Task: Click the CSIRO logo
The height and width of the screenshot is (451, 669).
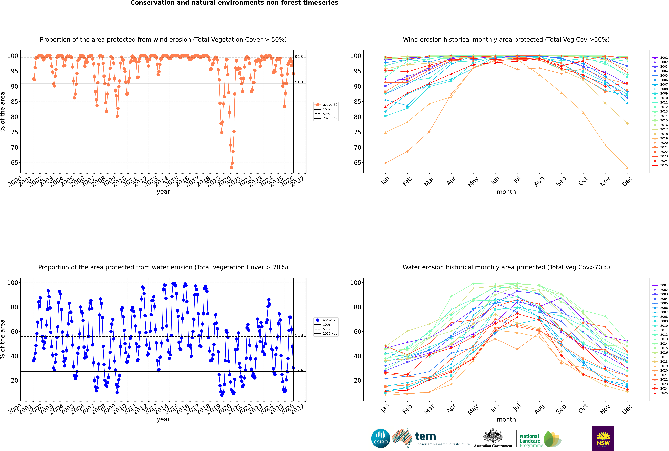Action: pos(381,438)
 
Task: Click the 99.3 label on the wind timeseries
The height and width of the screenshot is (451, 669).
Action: pos(299,57)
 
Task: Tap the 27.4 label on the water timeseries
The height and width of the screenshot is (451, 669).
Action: pos(299,370)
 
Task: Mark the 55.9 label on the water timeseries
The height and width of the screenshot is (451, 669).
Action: pos(299,335)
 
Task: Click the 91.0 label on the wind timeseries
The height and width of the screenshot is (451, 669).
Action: pos(299,82)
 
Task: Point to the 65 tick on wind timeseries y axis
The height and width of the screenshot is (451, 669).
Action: pos(14,163)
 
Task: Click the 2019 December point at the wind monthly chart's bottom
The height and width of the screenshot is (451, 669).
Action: pos(627,168)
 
